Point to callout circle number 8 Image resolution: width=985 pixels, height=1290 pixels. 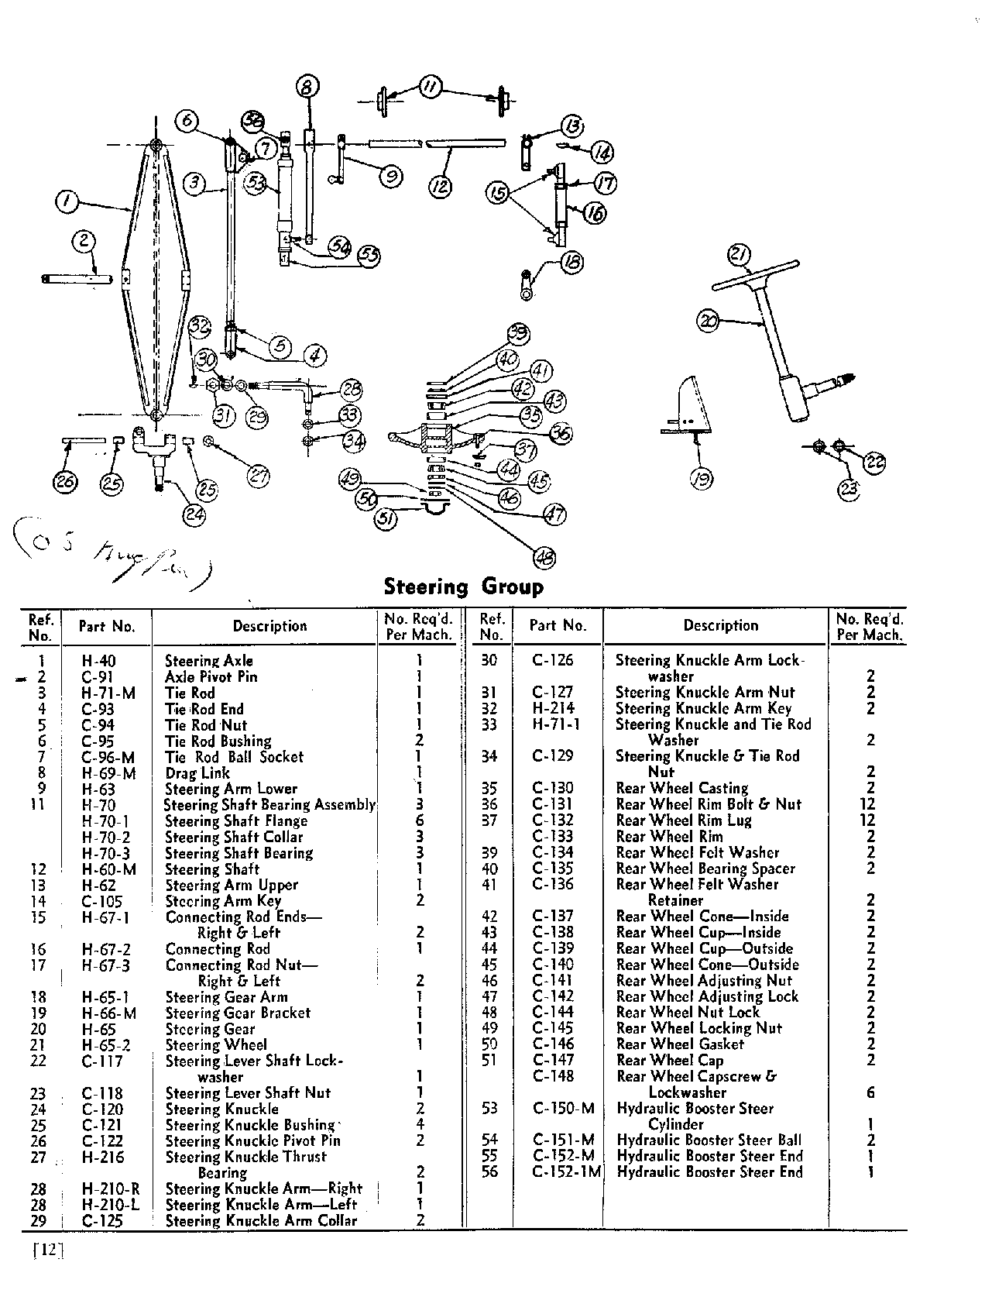pyautogui.click(x=307, y=87)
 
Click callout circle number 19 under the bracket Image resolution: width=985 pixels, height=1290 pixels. pyautogui.click(x=702, y=480)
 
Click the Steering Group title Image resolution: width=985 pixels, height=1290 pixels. pyautogui.click(x=463, y=587)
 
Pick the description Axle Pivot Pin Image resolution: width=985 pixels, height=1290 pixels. pyautogui.click(x=211, y=677)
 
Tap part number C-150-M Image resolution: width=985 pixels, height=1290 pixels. pyautogui.click(x=563, y=1108)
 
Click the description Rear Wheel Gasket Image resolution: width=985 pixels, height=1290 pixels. pyautogui.click(x=679, y=1044)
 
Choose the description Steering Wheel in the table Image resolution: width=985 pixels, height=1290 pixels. pyautogui.click(x=216, y=1045)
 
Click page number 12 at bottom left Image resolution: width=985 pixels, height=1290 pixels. pyautogui.click(x=48, y=1250)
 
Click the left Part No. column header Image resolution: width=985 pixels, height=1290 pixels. pyautogui.click(x=107, y=626)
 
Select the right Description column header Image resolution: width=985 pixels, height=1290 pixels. pyautogui.click(x=720, y=625)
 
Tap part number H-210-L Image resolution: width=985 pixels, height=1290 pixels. pyautogui.click(x=109, y=1205)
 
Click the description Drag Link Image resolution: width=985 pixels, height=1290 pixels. pyautogui.click(x=197, y=773)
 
